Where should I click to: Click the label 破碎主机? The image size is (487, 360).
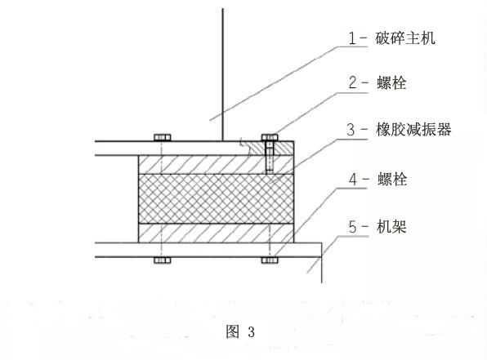tap(405, 38)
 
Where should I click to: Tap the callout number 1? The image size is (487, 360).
tap(352, 39)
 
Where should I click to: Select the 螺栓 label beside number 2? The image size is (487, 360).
tap(391, 83)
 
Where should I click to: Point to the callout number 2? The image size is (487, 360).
tap(353, 83)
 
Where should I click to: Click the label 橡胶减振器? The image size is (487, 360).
tap(413, 129)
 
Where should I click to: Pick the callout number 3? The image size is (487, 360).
tap(351, 130)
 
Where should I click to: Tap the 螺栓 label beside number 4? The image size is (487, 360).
tap(392, 179)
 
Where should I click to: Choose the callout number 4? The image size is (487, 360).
tap(353, 180)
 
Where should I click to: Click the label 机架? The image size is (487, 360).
tap(391, 226)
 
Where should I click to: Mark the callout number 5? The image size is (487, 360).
tap(352, 227)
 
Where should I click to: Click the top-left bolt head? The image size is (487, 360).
tap(162, 137)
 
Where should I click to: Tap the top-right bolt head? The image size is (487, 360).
tap(270, 137)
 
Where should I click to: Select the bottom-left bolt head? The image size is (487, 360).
tap(162, 260)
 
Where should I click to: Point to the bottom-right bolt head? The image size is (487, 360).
tap(270, 260)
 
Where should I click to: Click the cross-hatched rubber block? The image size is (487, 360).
tap(216, 198)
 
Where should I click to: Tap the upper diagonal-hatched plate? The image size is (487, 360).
tap(216, 164)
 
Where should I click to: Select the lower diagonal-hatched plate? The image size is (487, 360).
tap(216, 233)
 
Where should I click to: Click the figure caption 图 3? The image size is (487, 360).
tap(240, 331)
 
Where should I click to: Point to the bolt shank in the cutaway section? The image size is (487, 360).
tap(270, 157)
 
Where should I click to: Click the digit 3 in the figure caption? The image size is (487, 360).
tap(252, 331)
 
